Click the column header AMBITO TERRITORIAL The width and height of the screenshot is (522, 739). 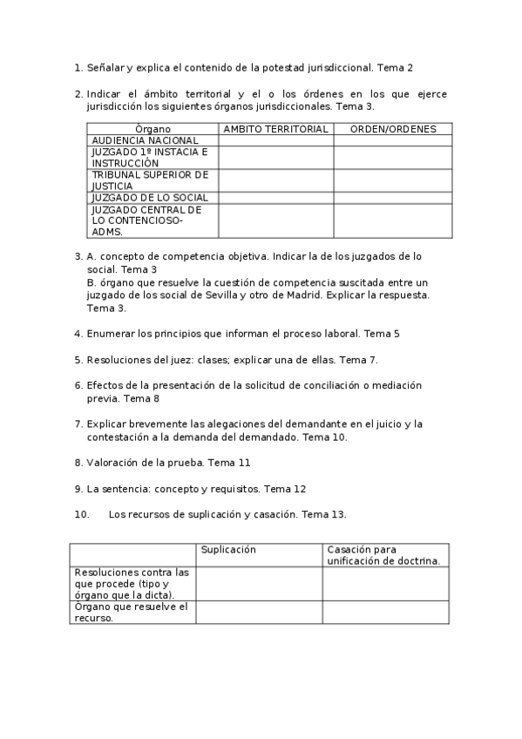[275, 129]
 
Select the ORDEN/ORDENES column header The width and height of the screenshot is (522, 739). [392, 129]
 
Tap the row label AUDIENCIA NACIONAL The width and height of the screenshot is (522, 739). [145, 140]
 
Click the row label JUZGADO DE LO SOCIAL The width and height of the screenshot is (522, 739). [150, 198]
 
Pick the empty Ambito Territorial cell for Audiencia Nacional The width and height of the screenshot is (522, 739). [275, 140]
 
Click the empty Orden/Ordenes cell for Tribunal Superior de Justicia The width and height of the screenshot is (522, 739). [392, 180]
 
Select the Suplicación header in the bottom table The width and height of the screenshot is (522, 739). [228, 550]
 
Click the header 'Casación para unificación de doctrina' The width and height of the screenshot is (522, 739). [383, 555]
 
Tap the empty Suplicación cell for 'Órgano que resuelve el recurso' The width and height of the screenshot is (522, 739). [259, 612]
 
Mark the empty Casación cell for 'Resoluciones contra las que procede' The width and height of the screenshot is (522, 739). [385, 583]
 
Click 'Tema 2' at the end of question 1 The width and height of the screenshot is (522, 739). [396, 66]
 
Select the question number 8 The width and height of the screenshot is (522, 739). [78, 462]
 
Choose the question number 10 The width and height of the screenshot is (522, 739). [81, 515]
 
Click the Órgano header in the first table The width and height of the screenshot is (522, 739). [153, 129]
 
